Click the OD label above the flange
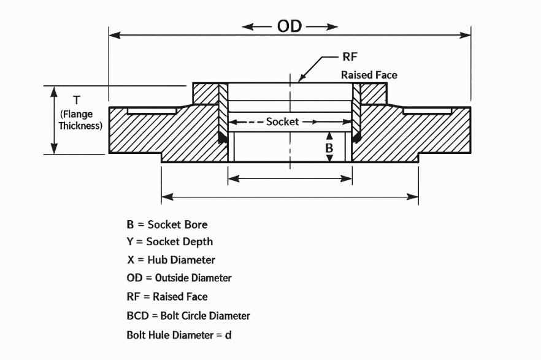(289, 26)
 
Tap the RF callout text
(350, 56)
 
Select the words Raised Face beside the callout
(369, 75)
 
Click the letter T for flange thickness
(77, 101)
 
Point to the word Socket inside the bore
(282, 121)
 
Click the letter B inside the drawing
(329, 148)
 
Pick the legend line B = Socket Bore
(167, 224)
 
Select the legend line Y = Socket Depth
(170, 242)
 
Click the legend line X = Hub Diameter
(171, 259)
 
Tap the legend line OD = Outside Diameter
(179, 278)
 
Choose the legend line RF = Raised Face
(167, 297)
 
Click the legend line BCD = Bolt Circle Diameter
(188, 315)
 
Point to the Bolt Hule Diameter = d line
(179, 335)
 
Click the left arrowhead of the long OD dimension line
(114, 35)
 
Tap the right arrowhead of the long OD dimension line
(466, 35)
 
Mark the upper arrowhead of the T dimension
(54, 91)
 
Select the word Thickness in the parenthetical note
(80, 126)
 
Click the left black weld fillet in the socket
(223, 137)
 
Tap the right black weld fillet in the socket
(356, 137)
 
